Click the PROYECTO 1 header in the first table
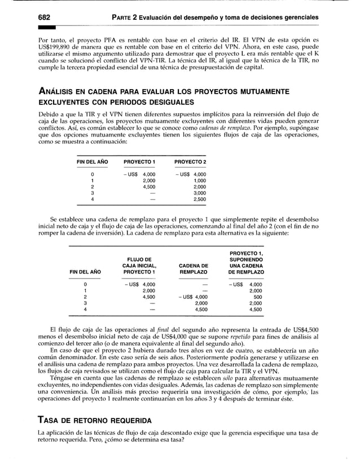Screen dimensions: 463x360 (x=139, y=162)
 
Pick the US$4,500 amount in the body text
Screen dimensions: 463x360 (x=306, y=328)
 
